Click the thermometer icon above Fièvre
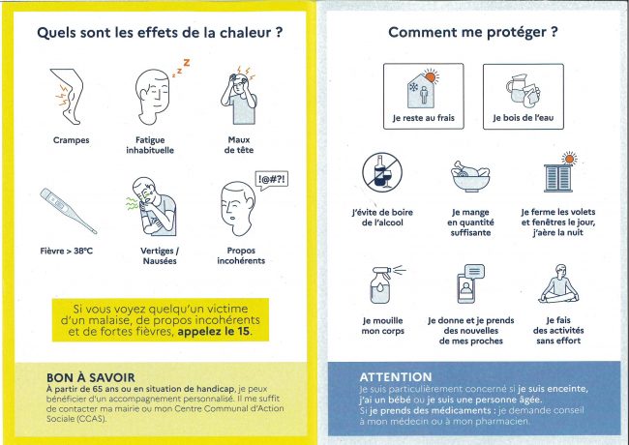click(x=68, y=211)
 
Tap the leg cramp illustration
click(x=68, y=96)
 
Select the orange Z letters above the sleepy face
click(x=181, y=68)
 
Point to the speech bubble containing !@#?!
click(x=272, y=180)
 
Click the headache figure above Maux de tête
click(x=239, y=95)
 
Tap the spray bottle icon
click(x=386, y=284)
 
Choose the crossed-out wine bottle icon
click(x=382, y=172)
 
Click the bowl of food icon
click(x=470, y=176)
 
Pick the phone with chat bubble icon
click(x=470, y=283)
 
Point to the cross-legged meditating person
click(x=558, y=283)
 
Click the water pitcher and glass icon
click(x=524, y=91)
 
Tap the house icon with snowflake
click(x=423, y=89)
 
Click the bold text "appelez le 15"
click(x=214, y=332)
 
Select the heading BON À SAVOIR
click(x=91, y=377)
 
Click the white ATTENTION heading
click(x=396, y=377)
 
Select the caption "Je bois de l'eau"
click(x=524, y=118)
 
